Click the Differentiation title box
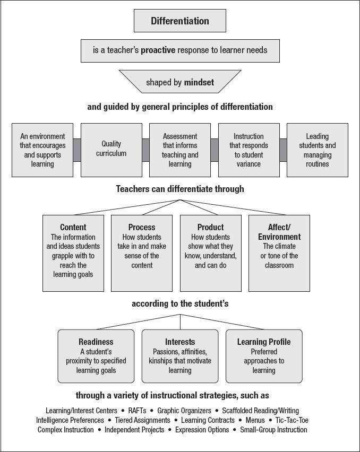pyautogui.click(x=180, y=21)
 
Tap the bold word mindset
pyautogui.click(x=199, y=82)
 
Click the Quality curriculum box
pyautogui.click(x=112, y=149)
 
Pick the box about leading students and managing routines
pyautogui.click(x=317, y=150)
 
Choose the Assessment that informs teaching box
pyautogui.click(x=180, y=150)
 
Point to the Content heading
pyautogui.click(x=73, y=228)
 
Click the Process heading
pyautogui.click(x=142, y=228)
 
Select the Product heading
pyautogui.click(x=211, y=228)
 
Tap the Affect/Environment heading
pyautogui.click(x=279, y=232)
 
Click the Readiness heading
pyautogui.click(x=96, y=342)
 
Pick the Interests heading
pyautogui.click(x=180, y=342)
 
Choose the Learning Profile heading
pyautogui.click(x=264, y=342)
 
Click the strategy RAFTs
pyautogui.click(x=138, y=411)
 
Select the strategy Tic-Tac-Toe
pyautogui.click(x=292, y=420)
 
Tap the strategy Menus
pyautogui.click(x=255, y=420)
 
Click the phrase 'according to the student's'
pyautogui.click(x=179, y=304)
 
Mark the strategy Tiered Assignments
pyautogui.click(x=143, y=420)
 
